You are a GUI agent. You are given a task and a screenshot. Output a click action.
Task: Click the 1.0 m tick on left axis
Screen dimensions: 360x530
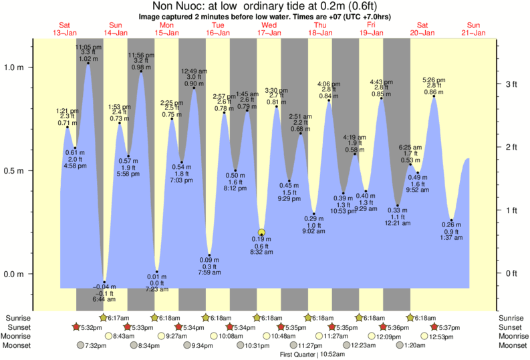[15, 67]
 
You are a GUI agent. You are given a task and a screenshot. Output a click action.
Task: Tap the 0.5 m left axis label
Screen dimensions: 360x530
[15, 170]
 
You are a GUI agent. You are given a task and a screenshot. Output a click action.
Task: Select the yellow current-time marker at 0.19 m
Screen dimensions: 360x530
[262, 233]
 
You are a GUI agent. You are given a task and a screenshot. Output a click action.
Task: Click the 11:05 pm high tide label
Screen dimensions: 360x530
[88, 47]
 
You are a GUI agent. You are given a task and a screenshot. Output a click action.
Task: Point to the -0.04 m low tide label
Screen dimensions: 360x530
[104, 288]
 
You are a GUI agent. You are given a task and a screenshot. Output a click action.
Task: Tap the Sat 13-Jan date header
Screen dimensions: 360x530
[65, 28]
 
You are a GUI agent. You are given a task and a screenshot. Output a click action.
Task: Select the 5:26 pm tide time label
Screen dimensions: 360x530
[434, 81]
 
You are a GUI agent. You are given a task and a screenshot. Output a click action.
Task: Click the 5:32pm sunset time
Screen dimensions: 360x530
[88, 327]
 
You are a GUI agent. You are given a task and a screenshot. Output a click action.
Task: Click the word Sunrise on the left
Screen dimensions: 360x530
[18, 318]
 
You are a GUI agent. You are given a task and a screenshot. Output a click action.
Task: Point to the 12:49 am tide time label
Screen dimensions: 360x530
[194, 71]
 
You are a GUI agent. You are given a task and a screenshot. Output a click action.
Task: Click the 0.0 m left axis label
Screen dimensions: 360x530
[15, 274]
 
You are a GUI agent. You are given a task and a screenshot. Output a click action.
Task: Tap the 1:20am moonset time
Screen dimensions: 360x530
[434, 345]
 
